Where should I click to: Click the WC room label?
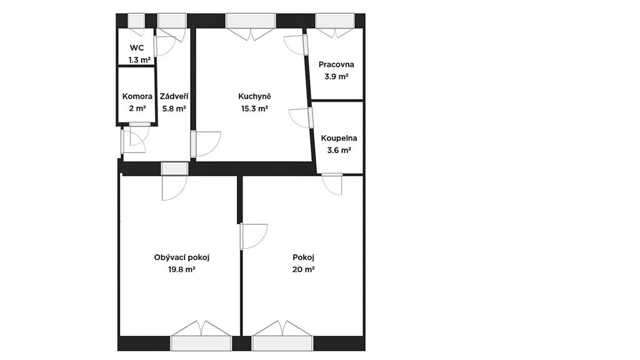pyautogui.click(x=137, y=47)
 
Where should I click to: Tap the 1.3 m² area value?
pyautogui.click(x=139, y=60)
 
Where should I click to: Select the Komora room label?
pyautogui.click(x=137, y=96)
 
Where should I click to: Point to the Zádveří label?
pyautogui.click(x=174, y=96)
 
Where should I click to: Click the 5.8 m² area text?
pyautogui.click(x=174, y=109)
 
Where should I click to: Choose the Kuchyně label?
pyautogui.click(x=255, y=96)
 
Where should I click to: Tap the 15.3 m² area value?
pyautogui.click(x=255, y=109)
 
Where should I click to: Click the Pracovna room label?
pyautogui.click(x=336, y=64)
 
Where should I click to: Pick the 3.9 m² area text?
pyautogui.click(x=336, y=76)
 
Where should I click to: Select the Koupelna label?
pyautogui.click(x=339, y=138)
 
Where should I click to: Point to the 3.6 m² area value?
pyautogui.click(x=339, y=150)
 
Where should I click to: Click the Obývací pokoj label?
pyautogui.click(x=182, y=257)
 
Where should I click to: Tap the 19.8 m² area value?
pyautogui.click(x=182, y=269)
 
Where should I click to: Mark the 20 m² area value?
pyautogui.click(x=303, y=269)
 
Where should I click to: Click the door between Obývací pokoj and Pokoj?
pyautogui.click(x=254, y=236)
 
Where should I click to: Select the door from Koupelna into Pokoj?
pyautogui.click(x=332, y=184)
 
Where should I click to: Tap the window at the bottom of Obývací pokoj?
pyautogui.click(x=201, y=343)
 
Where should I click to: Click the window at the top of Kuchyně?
pyautogui.click(x=251, y=21)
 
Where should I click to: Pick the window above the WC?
pyautogui.click(x=136, y=21)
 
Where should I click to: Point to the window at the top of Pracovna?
pyautogui.click(x=335, y=21)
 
